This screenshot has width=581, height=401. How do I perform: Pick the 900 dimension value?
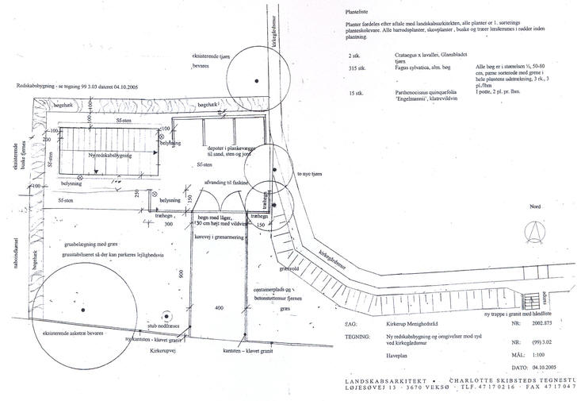coord(182,276)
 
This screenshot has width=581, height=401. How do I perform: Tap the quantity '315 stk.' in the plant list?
coord(357,69)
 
